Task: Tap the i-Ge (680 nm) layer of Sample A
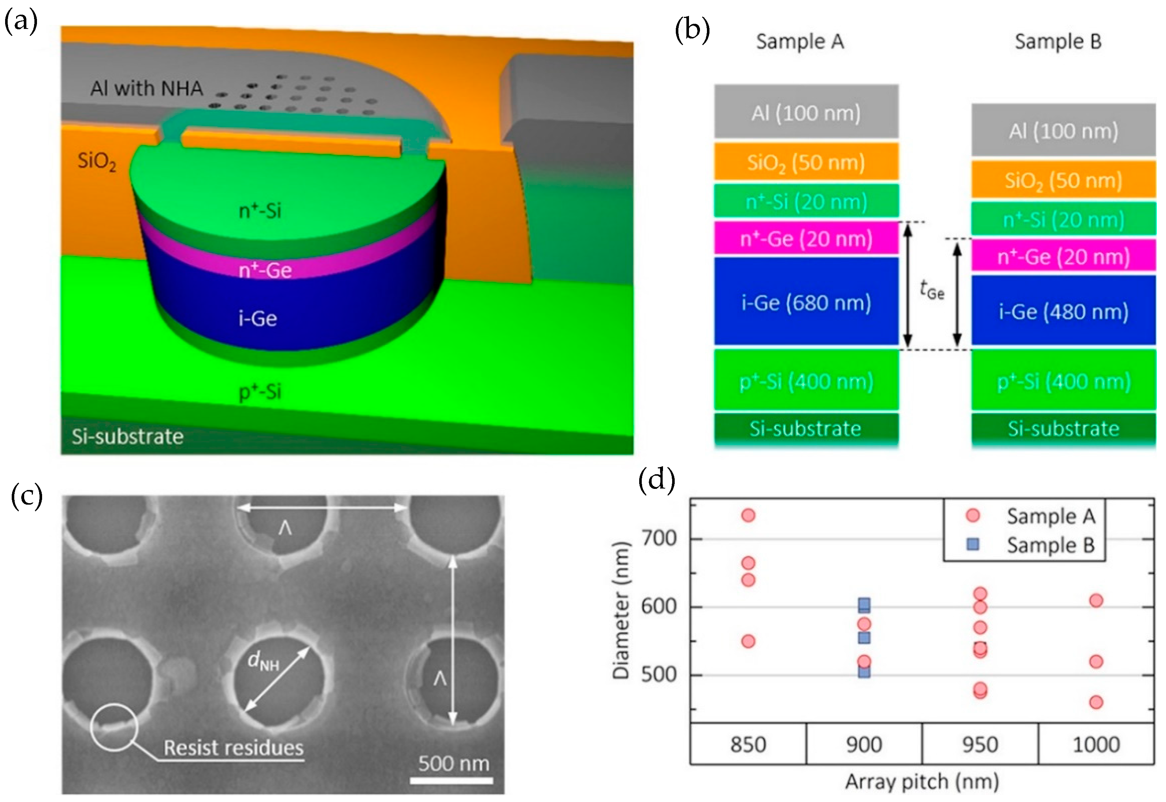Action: [806, 302]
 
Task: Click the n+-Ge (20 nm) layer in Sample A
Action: [806, 239]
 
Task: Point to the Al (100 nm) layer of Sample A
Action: [806, 112]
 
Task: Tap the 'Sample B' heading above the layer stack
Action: [1058, 42]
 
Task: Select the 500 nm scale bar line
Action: [451, 780]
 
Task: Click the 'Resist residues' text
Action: [234, 748]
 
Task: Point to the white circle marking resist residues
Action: [114, 727]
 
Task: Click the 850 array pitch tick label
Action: [748, 744]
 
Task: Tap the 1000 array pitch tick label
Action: [1096, 744]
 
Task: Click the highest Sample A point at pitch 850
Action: [748, 515]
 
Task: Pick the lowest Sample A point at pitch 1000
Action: [1096, 702]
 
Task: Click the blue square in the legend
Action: [973, 544]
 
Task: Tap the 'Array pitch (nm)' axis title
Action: [922, 782]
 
